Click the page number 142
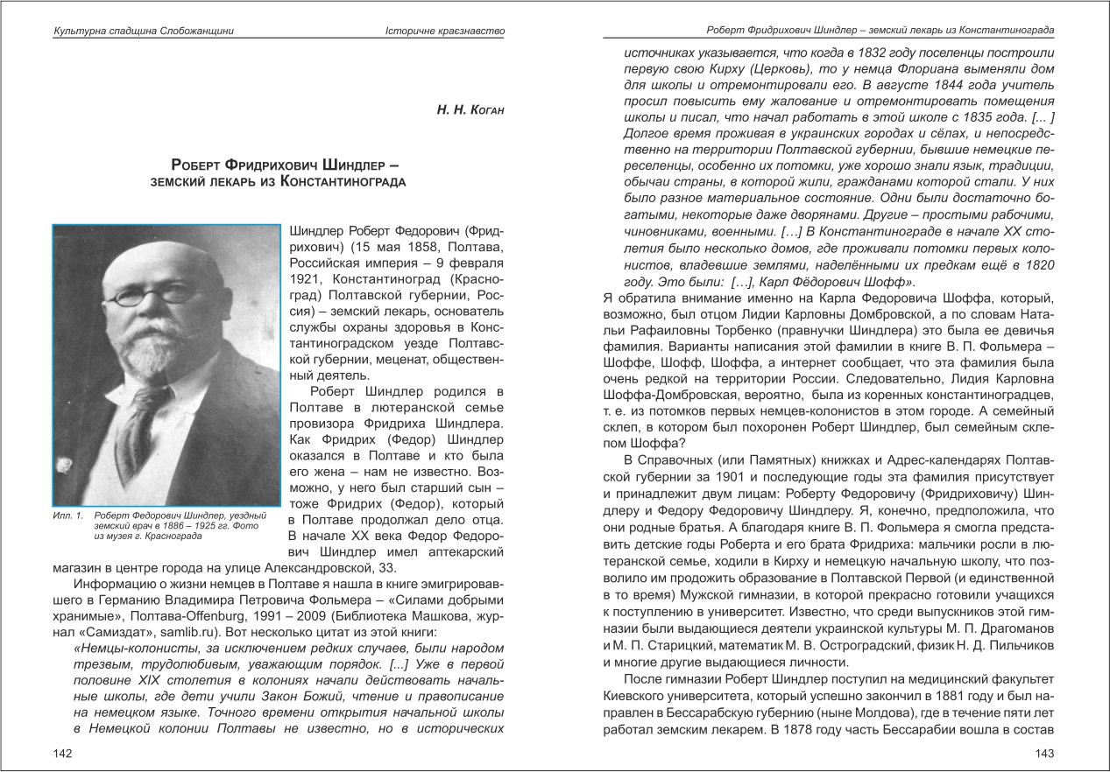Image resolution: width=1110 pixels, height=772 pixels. [x=62, y=754]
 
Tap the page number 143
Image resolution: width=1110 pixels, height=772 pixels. [x=1044, y=754]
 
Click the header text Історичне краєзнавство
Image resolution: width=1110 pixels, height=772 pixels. [x=446, y=32]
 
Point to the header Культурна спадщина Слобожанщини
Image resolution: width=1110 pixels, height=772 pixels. [x=144, y=32]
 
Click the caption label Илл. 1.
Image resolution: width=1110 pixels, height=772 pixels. [x=67, y=515]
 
